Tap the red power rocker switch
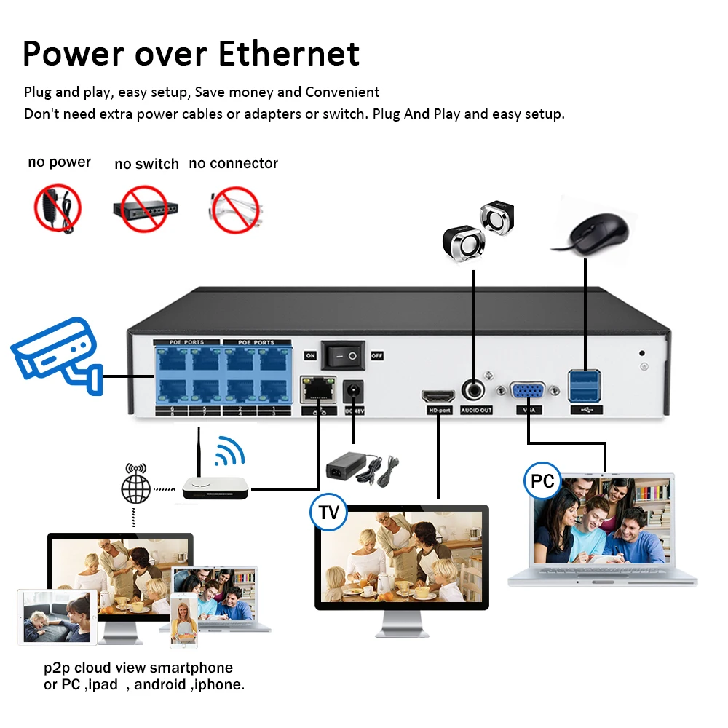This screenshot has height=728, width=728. coord(344,356)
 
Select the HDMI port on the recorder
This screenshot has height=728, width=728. coord(439,397)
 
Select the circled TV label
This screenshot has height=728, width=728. coord(328,512)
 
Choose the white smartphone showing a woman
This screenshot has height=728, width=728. coord(183,620)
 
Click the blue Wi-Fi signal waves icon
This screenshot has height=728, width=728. coord(231,451)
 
